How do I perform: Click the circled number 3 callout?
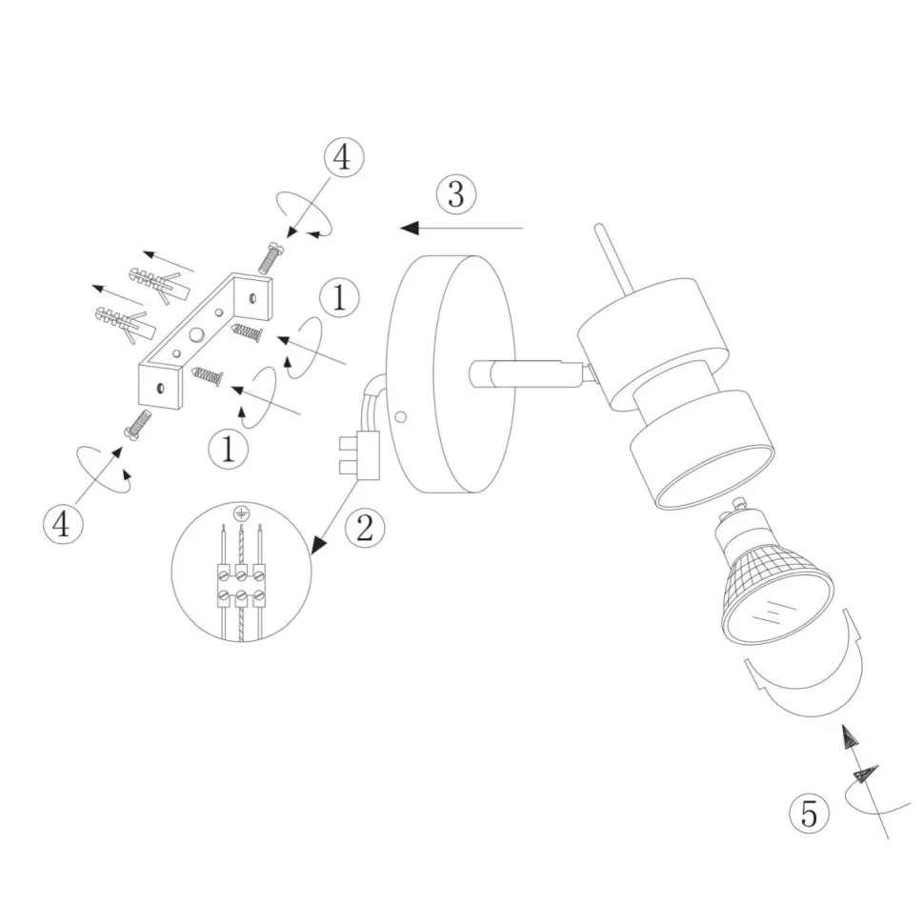[x=455, y=194]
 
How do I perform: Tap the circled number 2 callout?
[x=364, y=526]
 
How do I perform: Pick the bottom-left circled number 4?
[x=62, y=525]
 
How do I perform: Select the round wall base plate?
[x=448, y=372]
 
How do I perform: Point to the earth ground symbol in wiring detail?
[x=241, y=513]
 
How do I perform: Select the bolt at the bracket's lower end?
[x=137, y=424]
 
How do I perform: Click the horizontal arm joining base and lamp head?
[x=524, y=374]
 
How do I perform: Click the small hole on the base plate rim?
[x=402, y=416]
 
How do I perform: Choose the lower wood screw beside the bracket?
[x=207, y=377]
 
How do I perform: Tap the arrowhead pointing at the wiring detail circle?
[x=320, y=545]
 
